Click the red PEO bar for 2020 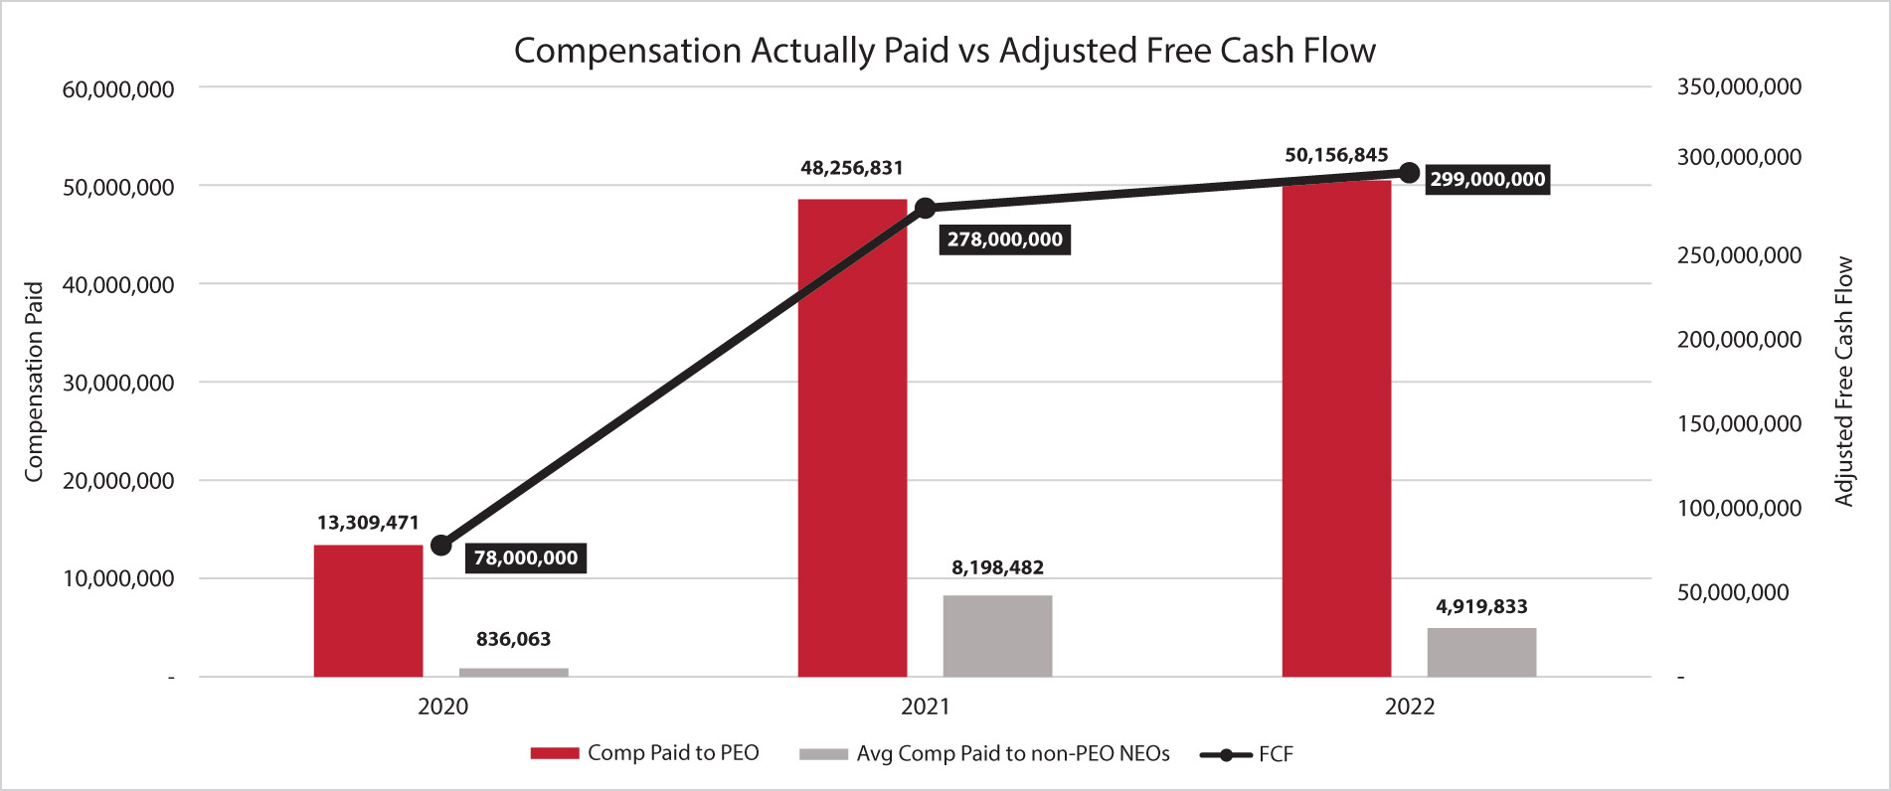click(x=368, y=610)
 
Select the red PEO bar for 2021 click(x=852, y=437)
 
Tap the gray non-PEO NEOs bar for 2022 click(x=1481, y=652)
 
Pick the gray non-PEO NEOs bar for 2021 click(x=997, y=636)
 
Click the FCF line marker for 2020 click(x=441, y=546)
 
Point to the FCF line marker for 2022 click(x=1409, y=173)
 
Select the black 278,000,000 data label click(x=1004, y=239)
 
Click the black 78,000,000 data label click(x=525, y=557)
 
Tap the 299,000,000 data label click(x=1487, y=180)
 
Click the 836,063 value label click(x=513, y=639)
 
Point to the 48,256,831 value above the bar click(x=852, y=168)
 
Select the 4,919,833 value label click(x=1481, y=606)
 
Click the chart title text click(x=945, y=51)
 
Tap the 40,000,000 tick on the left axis click(x=117, y=285)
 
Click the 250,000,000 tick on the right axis click(x=1739, y=255)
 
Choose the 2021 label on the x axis click(x=925, y=707)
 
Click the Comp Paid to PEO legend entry click(x=645, y=753)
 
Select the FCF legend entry click(x=1248, y=754)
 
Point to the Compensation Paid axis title click(x=34, y=382)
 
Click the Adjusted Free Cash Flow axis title click(x=1844, y=382)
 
